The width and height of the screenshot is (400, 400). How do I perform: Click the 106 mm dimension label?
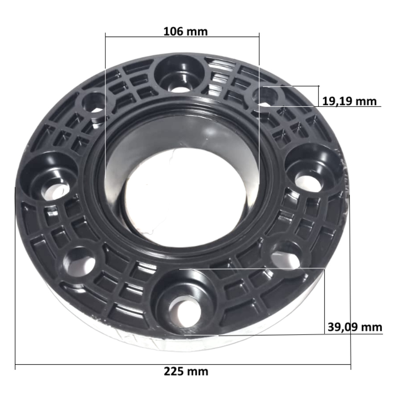coord(185,32)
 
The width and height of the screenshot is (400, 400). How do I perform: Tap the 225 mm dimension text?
coord(186,371)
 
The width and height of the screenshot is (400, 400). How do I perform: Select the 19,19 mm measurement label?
coord(349,101)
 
